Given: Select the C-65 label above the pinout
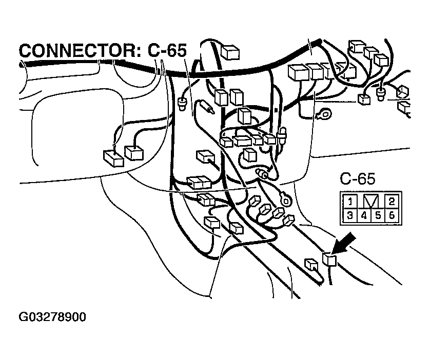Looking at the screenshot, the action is (358, 179).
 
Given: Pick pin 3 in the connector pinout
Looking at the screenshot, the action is (349, 215).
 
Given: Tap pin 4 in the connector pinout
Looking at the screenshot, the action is (363, 215).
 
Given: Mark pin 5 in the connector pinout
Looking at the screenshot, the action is (378, 215).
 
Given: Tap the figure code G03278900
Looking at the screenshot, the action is (52, 317).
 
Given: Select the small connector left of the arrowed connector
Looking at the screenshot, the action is (311, 265).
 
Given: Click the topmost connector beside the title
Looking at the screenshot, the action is (230, 52).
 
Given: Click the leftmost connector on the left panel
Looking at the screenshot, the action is (113, 157).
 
